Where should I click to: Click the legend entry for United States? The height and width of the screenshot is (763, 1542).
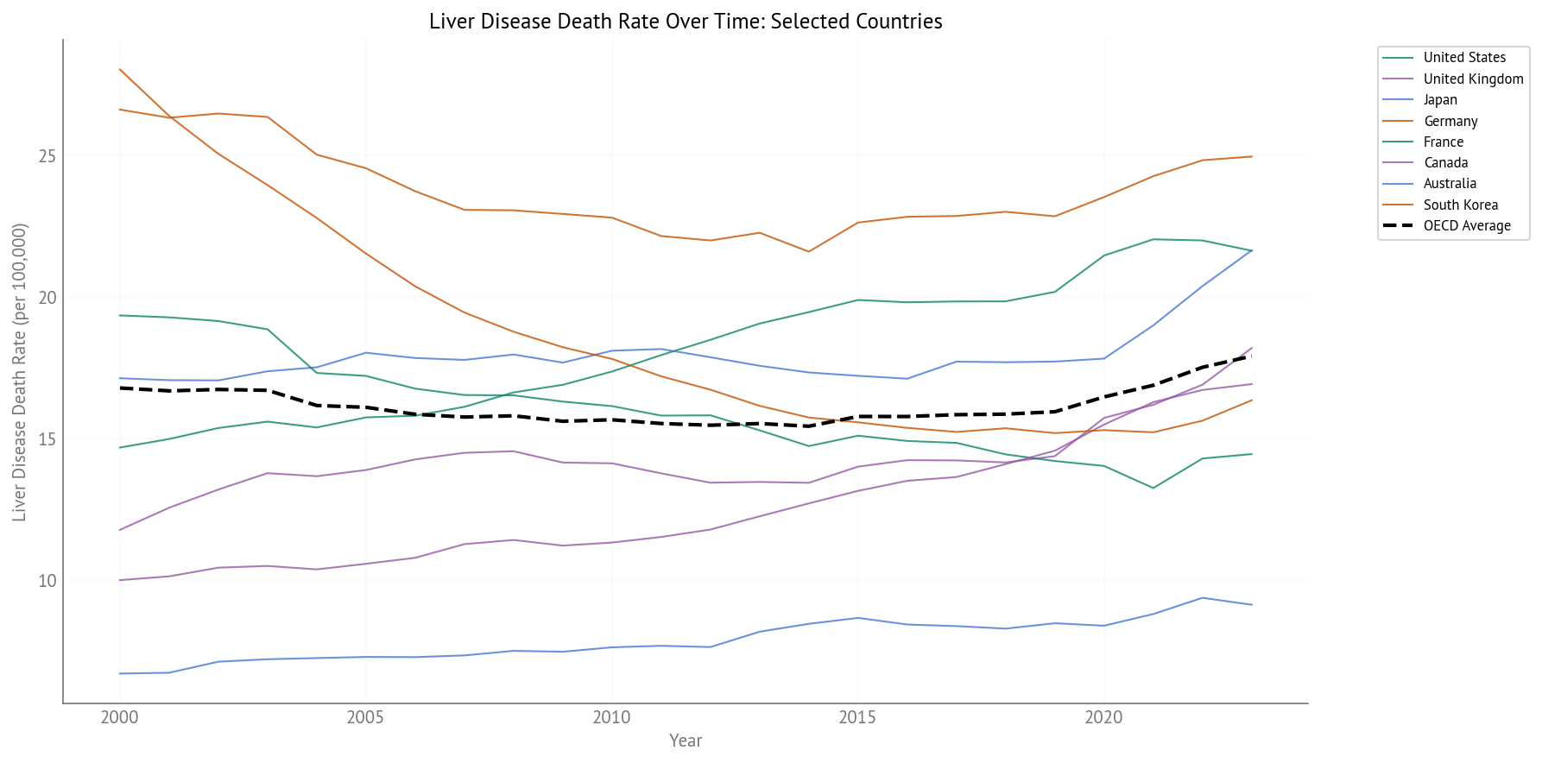(1464, 58)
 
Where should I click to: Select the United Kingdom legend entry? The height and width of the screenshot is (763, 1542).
(1473, 79)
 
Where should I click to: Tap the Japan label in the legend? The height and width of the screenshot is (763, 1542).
(1440, 100)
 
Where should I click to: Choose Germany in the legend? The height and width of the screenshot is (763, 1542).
(1450, 121)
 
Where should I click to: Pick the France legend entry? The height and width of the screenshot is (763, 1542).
(1443, 142)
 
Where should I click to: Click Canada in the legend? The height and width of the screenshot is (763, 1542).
(1445, 162)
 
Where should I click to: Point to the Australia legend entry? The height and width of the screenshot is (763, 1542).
(1450, 184)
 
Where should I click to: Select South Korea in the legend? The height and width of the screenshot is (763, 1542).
(1460, 205)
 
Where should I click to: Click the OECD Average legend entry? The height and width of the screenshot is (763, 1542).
(1467, 226)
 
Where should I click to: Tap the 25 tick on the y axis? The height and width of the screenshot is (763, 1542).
(47, 156)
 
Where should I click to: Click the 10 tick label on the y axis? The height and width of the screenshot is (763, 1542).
(47, 581)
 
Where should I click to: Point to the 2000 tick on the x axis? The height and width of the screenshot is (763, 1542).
(119, 718)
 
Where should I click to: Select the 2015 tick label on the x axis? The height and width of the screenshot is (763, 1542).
(857, 718)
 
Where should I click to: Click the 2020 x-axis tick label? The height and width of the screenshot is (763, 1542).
(1103, 718)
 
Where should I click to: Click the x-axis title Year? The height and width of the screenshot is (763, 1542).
(686, 741)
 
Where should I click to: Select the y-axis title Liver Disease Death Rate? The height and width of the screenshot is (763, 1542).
(20, 372)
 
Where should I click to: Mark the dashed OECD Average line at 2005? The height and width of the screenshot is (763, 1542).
(365, 407)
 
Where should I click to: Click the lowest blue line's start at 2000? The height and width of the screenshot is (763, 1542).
(119, 673)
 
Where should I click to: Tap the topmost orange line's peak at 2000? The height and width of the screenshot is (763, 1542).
(119, 69)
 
